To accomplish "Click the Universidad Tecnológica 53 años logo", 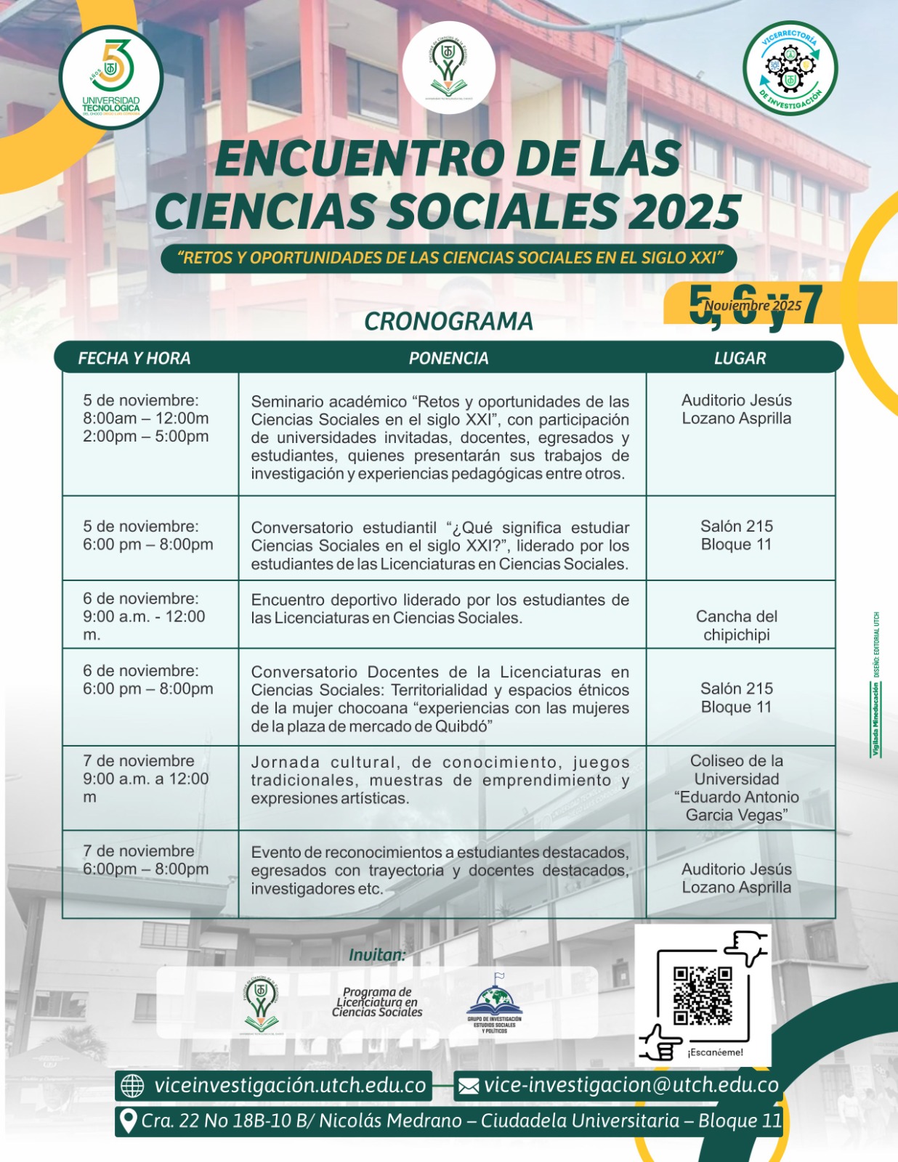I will pyautogui.click(x=111, y=78).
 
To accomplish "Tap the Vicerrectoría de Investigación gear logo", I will pyautogui.click(x=790, y=68).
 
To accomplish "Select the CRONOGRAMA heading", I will pyautogui.click(x=448, y=321).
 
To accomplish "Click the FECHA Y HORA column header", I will pyautogui.click(x=134, y=358).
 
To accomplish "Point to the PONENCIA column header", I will pyautogui.click(x=448, y=358).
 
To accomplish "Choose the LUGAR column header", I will pyautogui.click(x=740, y=358).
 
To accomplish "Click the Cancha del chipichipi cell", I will pyautogui.click(x=737, y=625).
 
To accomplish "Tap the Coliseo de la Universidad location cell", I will pyautogui.click(x=737, y=788).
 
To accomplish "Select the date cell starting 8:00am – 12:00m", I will pyautogui.click(x=146, y=418).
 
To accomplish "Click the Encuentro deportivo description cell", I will pyautogui.click(x=440, y=609).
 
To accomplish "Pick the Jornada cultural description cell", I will pyautogui.click(x=440, y=780).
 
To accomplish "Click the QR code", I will pyautogui.click(x=702, y=996).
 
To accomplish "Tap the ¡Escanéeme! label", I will pyautogui.click(x=715, y=1052).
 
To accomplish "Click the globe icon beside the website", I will pyautogui.click(x=132, y=1086).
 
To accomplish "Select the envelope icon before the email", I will pyautogui.click(x=469, y=1086).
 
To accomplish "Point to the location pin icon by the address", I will pyautogui.click(x=128, y=1121).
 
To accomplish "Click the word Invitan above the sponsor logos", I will pyautogui.click(x=377, y=955).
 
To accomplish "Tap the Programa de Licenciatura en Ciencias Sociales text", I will pyautogui.click(x=377, y=1002).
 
